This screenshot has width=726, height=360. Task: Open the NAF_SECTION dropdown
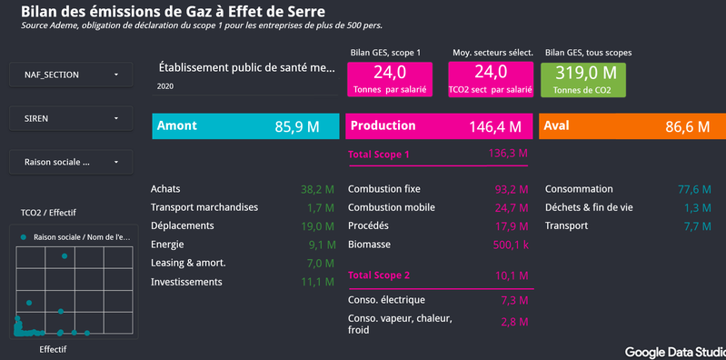71,75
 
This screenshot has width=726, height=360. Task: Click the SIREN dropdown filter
71,118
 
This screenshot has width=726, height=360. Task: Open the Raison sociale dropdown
71,162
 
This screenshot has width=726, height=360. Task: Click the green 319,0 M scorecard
583,80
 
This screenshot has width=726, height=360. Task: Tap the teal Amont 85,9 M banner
245,126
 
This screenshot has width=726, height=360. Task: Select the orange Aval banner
632,126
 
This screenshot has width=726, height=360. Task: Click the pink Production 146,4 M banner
439,126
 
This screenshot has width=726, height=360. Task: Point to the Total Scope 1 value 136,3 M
508,154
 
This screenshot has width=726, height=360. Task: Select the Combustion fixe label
384,189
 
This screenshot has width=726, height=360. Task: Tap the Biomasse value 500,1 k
511,245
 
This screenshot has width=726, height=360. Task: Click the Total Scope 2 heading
379,275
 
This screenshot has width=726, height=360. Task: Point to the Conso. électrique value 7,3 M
514,300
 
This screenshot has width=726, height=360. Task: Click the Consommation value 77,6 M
694,189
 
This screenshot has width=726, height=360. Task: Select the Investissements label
186,282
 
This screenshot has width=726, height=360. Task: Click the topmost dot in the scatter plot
65,256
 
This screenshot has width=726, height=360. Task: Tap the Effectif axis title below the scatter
53,349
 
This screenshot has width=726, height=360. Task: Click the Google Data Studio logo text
675,352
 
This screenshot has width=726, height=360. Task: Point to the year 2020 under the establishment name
165,86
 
